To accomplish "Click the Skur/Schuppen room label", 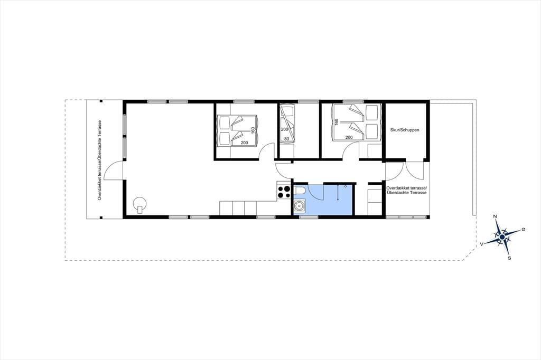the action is [x=405, y=130].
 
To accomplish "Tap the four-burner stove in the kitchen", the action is [x=284, y=192].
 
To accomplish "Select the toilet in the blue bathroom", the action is [x=300, y=190].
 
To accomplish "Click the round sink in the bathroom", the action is [x=299, y=206].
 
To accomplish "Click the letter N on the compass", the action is [x=495, y=216].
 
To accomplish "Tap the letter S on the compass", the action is [x=509, y=258].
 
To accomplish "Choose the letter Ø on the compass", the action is [x=524, y=229].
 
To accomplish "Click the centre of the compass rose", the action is [x=502, y=237].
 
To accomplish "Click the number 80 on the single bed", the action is [x=285, y=139].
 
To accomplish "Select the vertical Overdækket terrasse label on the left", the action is [x=100, y=160].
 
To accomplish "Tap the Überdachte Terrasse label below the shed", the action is [x=407, y=193].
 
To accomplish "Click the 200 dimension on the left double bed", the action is [x=244, y=143].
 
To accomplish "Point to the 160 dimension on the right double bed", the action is [x=336, y=122].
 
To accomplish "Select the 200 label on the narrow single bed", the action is [x=284, y=129].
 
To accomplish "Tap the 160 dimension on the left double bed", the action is [x=253, y=131].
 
